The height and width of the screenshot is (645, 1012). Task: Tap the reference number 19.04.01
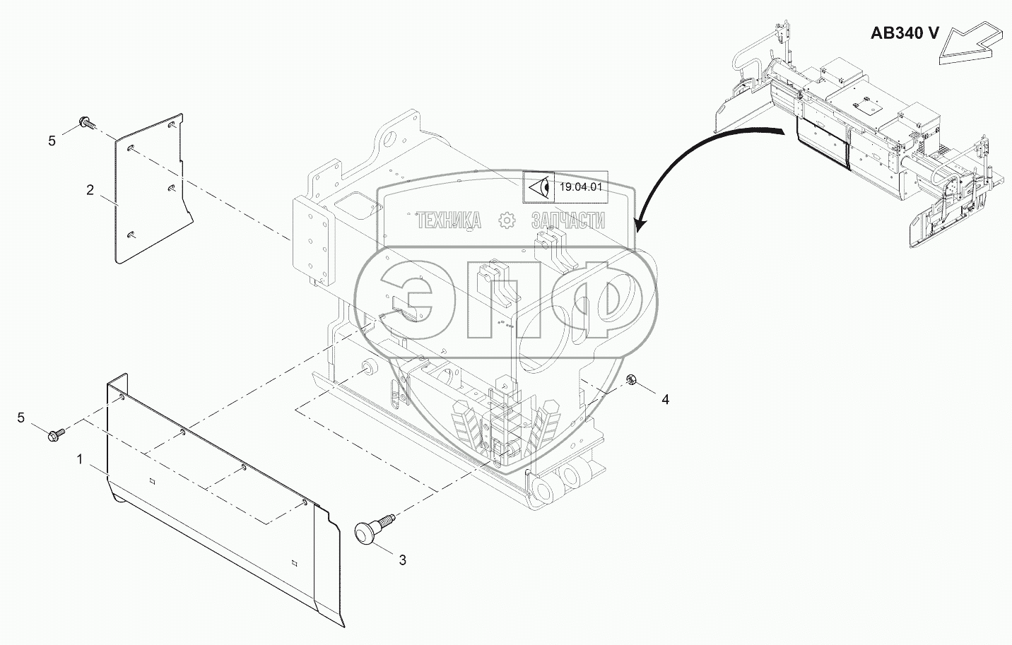[x=580, y=187]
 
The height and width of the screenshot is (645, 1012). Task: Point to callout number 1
[x=80, y=460]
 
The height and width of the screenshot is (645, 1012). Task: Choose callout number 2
[x=90, y=189]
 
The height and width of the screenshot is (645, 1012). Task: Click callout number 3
[x=402, y=560]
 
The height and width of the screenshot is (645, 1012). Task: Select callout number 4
[x=664, y=399]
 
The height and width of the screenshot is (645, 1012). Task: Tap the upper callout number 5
[x=52, y=141]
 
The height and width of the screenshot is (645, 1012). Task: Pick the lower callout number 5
[x=21, y=418]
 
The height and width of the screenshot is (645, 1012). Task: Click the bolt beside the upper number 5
[x=87, y=123]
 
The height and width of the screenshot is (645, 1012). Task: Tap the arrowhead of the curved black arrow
[x=640, y=225]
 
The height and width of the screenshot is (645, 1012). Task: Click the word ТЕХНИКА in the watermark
[x=449, y=221]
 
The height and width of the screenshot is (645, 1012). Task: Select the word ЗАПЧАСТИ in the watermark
[x=567, y=221]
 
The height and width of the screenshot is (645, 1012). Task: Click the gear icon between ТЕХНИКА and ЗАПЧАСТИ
[x=507, y=221]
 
